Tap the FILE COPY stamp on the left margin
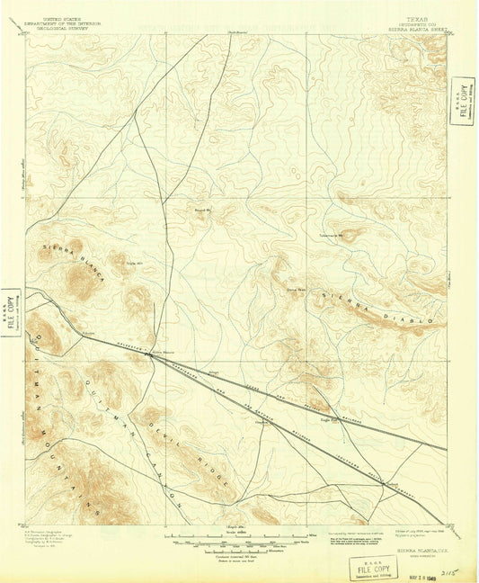13,311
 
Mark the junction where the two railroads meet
151,355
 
